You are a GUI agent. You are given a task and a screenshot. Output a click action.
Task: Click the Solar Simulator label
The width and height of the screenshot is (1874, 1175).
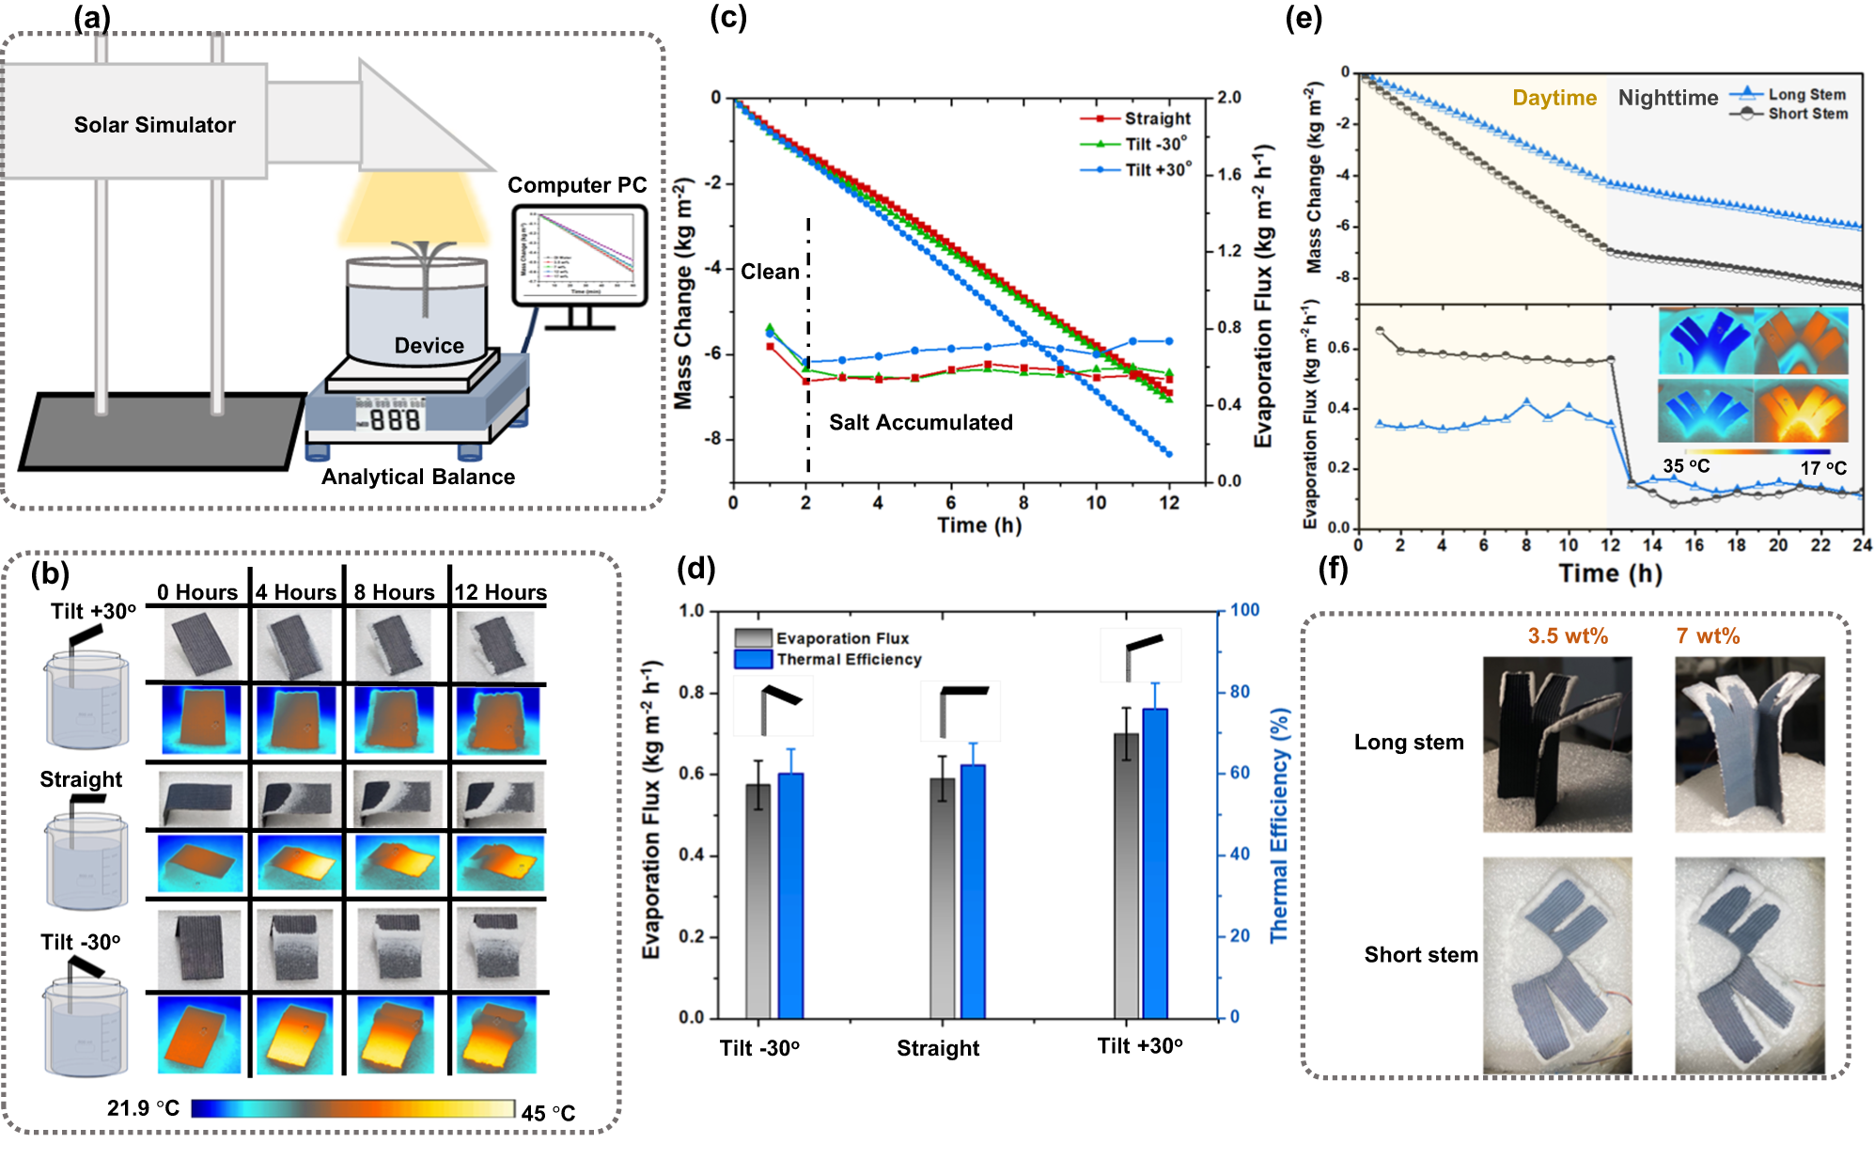154,125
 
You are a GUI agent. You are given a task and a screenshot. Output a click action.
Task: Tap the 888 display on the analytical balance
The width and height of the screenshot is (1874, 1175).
394,419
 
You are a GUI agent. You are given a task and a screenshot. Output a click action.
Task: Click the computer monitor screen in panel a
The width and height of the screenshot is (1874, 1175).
579,255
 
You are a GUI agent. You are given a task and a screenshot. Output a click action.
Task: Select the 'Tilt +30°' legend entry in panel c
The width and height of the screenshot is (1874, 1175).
1158,170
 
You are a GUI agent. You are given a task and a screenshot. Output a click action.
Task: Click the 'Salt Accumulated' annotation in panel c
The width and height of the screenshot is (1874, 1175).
920,423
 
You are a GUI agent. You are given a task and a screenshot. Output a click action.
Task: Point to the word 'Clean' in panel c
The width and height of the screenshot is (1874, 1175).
770,273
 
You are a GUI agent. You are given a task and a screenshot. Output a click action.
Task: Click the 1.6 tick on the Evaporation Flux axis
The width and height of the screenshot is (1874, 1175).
1229,175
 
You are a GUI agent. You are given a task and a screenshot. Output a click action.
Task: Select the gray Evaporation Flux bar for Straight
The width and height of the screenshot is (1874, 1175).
942,898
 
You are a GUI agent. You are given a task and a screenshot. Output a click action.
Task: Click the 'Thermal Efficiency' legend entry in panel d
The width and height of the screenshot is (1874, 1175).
848,660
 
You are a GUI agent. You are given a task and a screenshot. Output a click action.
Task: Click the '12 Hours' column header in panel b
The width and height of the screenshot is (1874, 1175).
500,592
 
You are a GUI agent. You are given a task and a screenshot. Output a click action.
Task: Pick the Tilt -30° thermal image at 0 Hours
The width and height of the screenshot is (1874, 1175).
199,1035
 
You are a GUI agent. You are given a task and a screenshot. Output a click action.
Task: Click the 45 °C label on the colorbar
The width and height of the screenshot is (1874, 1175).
548,1113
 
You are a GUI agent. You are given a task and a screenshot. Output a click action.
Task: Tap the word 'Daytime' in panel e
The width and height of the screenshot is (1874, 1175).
1554,98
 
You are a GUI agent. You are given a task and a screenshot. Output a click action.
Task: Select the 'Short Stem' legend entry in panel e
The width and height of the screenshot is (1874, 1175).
1806,114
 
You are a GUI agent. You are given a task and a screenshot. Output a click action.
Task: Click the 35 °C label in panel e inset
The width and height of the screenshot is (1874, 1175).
1686,466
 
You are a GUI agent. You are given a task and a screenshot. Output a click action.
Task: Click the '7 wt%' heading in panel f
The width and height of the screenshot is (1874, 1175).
1708,636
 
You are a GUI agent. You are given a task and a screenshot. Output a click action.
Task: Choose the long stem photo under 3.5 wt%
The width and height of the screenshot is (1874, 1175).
1556,744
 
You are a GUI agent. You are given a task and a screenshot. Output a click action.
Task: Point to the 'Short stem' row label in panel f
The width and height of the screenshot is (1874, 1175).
1420,955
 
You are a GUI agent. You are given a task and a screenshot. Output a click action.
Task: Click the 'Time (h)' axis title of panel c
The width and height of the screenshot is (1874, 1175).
978,525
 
